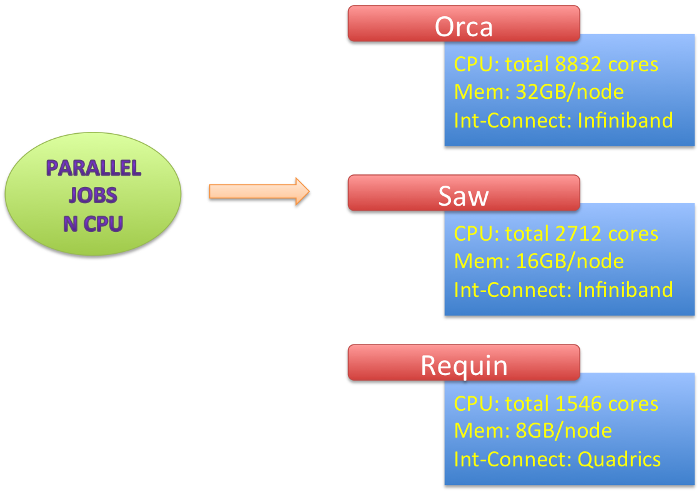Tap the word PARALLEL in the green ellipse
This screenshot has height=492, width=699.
pyautogui.click(x=94, y=168)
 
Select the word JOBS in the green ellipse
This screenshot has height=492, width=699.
pyautogui.click(x=93, y=196)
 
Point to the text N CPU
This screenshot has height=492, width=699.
pyautogui.click(x=93, y=223)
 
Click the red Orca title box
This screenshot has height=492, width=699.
pyautogui.click(x=464, y=26)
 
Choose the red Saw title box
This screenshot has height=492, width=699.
pyautogui.click(x=464, y=195)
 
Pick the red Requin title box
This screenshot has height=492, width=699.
pyautogui.click(x=464, y=365)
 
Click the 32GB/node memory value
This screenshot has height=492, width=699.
pyautogui.click(x=569, y=92)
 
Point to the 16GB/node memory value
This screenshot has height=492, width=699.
pyautogui.click(x=569, y=261)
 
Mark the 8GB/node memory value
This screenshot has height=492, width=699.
pyautogui.click(x=563, y=431)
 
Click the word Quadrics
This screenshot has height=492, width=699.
pyautogui.click(x=619, y=459)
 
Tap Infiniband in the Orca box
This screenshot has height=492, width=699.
pyautogui.click(x=625, y=119)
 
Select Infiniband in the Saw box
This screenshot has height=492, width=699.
pyautogui.click(x=625, y=289)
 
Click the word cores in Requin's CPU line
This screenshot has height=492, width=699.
pyautogui.click(x=633, y=404)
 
